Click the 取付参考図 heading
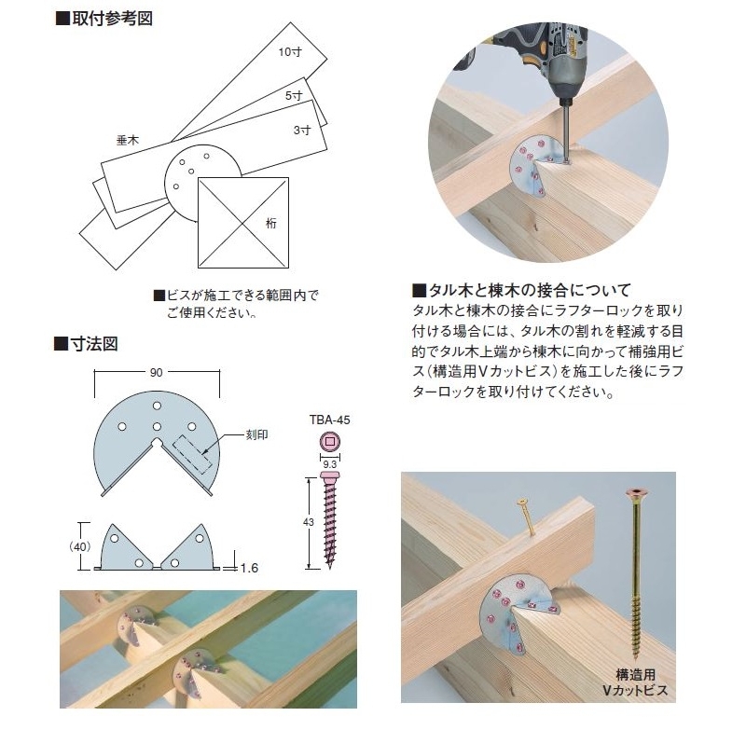click(x=104, y=19)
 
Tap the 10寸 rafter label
click(x=290, y=51)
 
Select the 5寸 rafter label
click(x=294, y=96)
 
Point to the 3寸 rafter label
click(x=302, y=130)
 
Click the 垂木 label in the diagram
click(x=128, y=140)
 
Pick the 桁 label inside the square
click(x=270, y=223)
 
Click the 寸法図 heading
click(x=86, y=343)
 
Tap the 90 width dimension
click(x=157, y=372)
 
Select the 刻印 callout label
click(x=257, y=434)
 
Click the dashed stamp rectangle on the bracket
click(x=192, y=454)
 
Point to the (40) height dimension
click(x=79, y=546)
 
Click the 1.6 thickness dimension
click(x=249, y=568)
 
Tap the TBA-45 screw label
click(x=330, y=420)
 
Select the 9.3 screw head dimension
click(x=330, y=464)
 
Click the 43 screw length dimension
click(x=309, y=522)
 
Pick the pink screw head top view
click(x=330, y=442)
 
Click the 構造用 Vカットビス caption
click(x=635, y=682)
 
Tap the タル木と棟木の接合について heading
click(x=522, y=289)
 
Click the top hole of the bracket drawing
click(x=157, y=406)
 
